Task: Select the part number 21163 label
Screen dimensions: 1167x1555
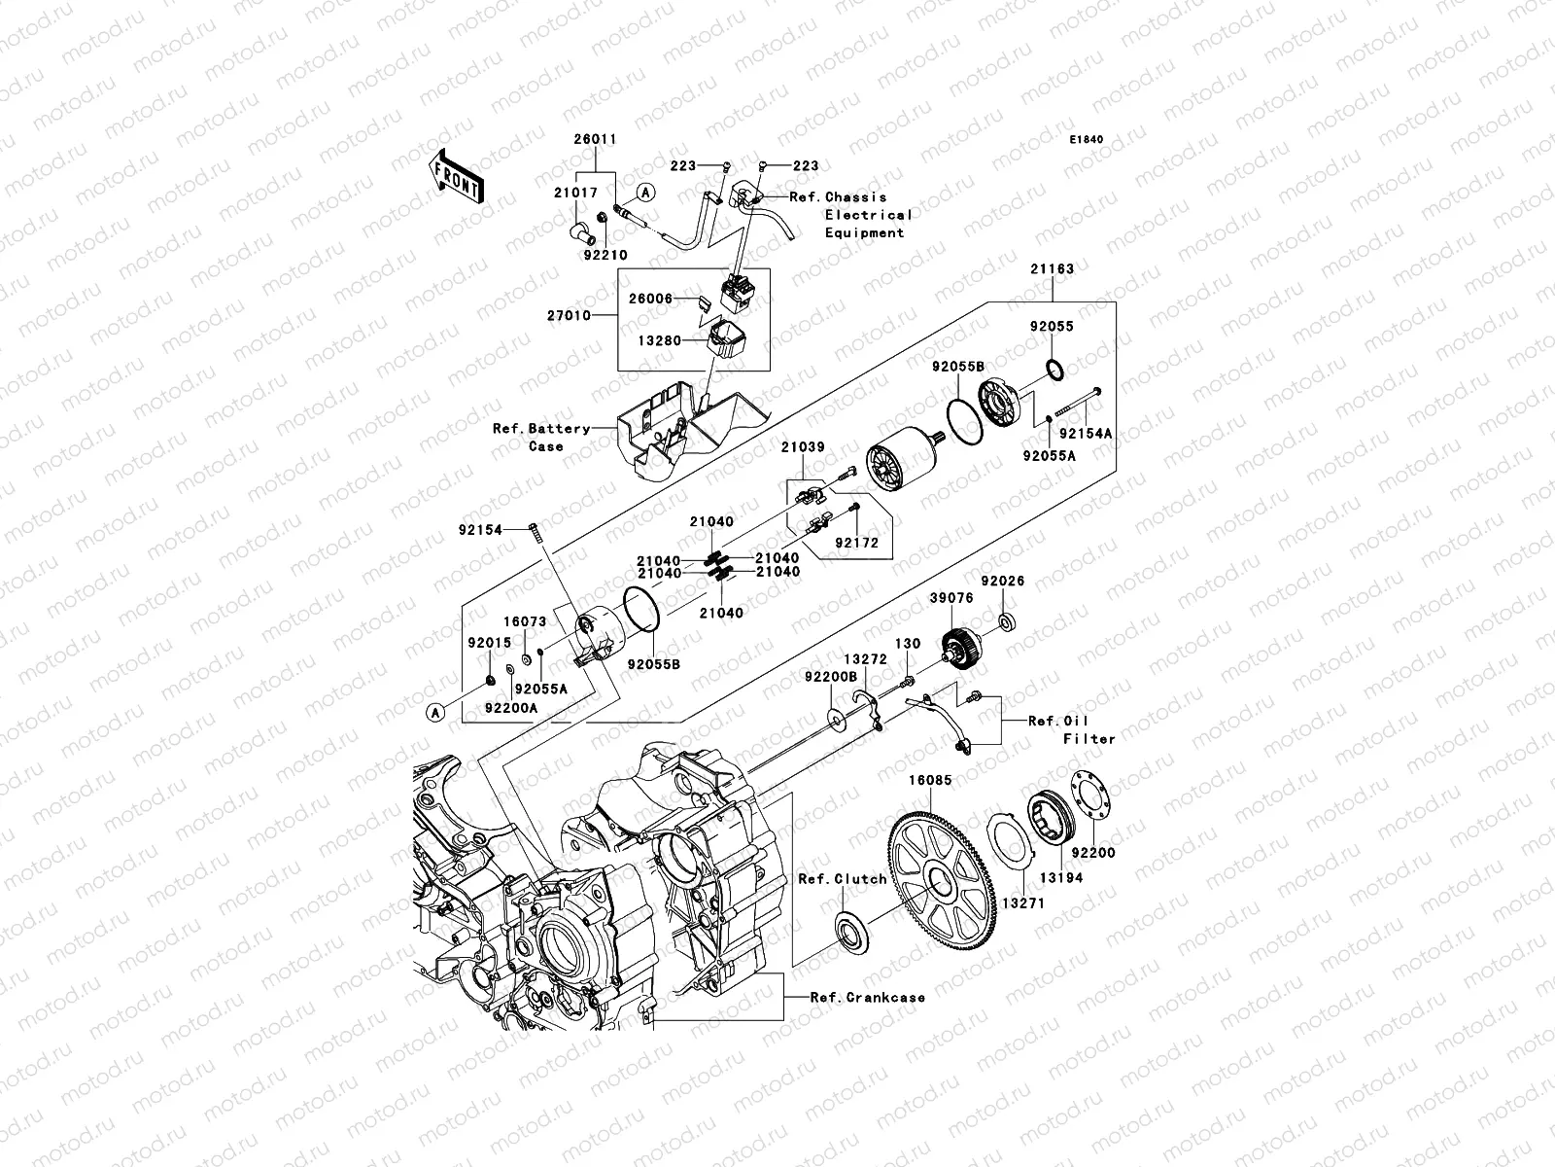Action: tap(1053, 269)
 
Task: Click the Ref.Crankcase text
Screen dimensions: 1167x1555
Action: tap(870, 998)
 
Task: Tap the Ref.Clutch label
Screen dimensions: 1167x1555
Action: tap(842, 879)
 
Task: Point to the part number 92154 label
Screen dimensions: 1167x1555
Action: tap(481, 531)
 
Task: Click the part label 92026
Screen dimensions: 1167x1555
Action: tap(1003, 582)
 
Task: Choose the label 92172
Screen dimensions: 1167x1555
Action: tap(856, 544)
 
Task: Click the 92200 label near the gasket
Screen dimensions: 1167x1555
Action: tap(1093, 853)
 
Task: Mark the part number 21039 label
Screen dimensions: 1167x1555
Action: tap(803, 447)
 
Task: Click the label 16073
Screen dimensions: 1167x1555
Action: tap(524, 621)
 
